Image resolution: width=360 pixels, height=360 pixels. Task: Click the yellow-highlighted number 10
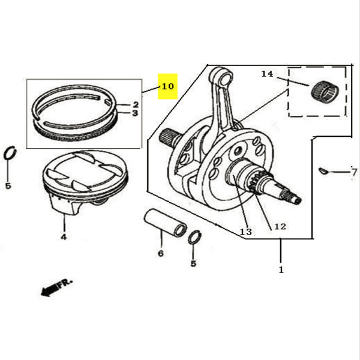pos(168,86)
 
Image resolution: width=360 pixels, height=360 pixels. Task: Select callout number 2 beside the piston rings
pos(136,104)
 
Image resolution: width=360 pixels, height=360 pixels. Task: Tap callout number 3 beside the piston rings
pos(135,113)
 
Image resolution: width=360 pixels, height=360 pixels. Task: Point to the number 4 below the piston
pos(64,237)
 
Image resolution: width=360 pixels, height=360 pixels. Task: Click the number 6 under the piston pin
pos(161,253)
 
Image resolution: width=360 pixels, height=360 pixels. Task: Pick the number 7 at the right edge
pos(354,172)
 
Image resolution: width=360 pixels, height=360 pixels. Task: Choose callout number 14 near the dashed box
pos(267,74)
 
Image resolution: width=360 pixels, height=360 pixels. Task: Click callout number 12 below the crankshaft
pos(280,227)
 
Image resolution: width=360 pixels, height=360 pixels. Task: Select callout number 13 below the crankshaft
pos(245,232)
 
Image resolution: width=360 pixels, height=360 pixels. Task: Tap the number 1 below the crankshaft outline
pos(281,269)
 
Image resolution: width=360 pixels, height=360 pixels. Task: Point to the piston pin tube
pos(165,223)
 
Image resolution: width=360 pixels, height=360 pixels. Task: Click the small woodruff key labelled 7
pos(323,170)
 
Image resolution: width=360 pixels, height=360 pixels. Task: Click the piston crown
pos(85,172)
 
